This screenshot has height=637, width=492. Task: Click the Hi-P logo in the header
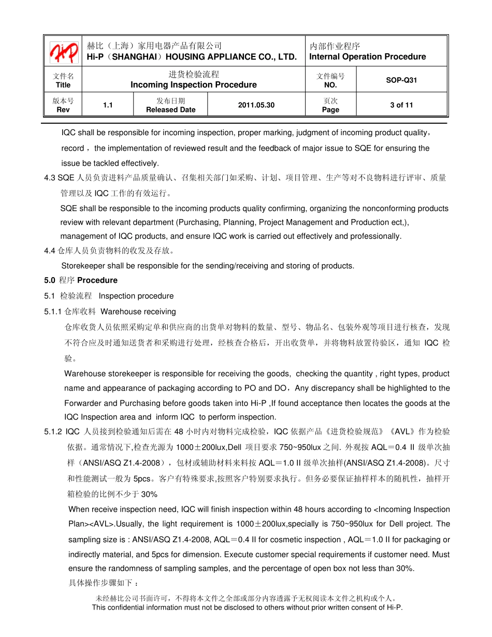click(x=64, y=51)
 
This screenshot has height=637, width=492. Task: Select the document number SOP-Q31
click(x=401, y=80)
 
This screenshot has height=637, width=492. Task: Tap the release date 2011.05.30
click(x=256, y=105)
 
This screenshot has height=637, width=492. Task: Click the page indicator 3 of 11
click(x=401, y=105)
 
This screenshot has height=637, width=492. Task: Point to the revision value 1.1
click(x=108, y=105)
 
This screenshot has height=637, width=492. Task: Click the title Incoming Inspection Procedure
click(x=194, y=85)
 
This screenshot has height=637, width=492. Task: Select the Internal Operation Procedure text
click(x=368, y=57)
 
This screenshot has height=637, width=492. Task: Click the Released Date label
click(x=170, y=110)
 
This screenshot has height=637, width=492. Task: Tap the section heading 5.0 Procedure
click(x=81, y=280)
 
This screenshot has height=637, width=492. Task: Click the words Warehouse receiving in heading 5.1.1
click(x=138, y=312)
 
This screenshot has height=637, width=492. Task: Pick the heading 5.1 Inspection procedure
click(x=109, y=296)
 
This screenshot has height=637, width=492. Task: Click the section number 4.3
click(x=50, y=178)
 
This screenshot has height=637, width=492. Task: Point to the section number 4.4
click(x=50, y=251)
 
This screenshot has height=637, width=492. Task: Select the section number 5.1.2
click(x=53, y=431)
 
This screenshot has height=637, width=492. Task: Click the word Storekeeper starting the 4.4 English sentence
click(x=83, y=266)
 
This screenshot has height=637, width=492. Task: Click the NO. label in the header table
click(x=330, y=85)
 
